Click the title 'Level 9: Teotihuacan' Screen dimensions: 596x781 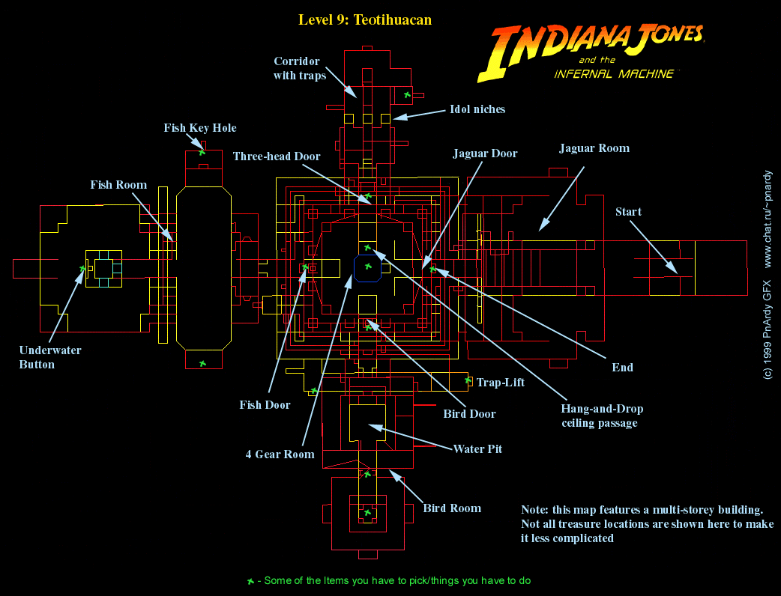(x=364, y=19)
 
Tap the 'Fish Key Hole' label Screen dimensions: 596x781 (x=200, y=128)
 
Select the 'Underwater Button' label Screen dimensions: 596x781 (x=50, y=357)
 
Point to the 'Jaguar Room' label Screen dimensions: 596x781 (x=594, y=148)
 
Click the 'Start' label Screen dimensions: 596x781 (x=628, y=212)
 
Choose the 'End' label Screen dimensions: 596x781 (x=622, y=367)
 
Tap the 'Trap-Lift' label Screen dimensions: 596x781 (x=501, y=383)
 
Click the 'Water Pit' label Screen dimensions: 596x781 (x=477, y=449)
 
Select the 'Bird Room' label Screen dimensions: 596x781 (x=452, y=508)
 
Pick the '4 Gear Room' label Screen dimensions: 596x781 (x=280, y=454)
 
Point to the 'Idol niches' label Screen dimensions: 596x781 (x=477, y=109)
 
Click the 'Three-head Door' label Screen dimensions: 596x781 (x=277, y=156)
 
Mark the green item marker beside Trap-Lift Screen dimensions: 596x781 (x=468, y=380)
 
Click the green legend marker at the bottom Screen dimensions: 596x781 (x=250, y=581)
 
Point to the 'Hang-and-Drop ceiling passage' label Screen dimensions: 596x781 (x=602, y=416)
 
